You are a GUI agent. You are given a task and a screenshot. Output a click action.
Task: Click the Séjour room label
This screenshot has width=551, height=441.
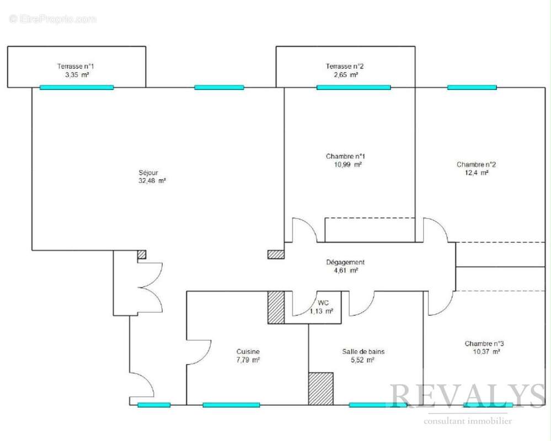pos(148,173)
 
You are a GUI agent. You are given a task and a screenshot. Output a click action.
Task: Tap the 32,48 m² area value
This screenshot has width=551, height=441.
pos(152,181)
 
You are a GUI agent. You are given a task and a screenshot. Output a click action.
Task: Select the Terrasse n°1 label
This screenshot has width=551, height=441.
pos(76,66)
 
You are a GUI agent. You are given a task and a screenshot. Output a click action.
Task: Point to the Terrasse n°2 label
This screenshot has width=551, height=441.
pos(345,66)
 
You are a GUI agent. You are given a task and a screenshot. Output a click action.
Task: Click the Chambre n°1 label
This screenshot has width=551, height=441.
pos(345,156)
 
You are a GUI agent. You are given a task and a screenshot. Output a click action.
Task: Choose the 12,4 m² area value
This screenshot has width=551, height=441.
pos(477,173)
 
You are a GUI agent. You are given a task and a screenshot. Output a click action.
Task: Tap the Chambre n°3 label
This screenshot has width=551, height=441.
pos(484,343)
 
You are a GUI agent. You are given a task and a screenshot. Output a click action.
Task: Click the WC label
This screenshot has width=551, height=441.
pos(323,303)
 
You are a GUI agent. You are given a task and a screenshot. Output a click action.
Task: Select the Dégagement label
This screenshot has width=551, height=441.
pos(345,262)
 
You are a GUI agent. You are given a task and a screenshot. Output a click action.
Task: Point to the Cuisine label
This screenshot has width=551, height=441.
pos(248,352)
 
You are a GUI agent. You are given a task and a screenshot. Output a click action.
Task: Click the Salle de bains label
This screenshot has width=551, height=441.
pos(363,352)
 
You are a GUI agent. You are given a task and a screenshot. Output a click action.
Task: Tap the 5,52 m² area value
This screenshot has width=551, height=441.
pos(363,360)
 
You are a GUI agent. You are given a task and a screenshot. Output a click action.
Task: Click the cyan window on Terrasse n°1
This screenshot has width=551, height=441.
pos(77,88)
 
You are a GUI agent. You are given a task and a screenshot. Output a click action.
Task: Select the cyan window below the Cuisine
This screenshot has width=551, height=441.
pos(231,405)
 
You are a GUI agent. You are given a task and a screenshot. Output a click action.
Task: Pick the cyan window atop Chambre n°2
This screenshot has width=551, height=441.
pos(472,88)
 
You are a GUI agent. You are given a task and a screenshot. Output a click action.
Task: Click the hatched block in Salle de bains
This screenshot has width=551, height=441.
pos(321,389)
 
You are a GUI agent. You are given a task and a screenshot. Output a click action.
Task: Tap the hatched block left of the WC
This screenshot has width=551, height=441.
pos(276,307)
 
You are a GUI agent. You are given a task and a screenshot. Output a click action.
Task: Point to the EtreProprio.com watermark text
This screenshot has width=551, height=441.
pos(53,19)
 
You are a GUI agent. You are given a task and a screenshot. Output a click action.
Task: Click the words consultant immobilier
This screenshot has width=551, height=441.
pos(468,421)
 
